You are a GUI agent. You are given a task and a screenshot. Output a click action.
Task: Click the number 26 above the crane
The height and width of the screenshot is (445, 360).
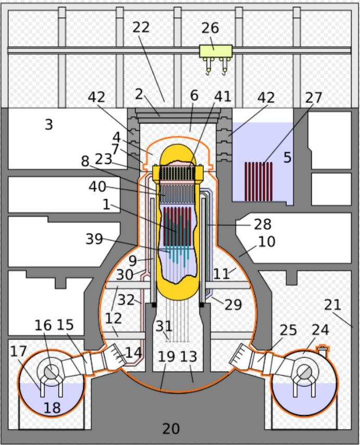click(x=210, y=28)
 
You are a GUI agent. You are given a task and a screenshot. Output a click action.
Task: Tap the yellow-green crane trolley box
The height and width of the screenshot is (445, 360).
click(x=216, y=51)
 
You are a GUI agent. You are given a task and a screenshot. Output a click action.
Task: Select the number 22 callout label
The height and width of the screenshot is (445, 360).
click(x=141, y=27)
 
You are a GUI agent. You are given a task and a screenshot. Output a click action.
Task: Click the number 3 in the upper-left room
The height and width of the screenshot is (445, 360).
click(x=49, y=124)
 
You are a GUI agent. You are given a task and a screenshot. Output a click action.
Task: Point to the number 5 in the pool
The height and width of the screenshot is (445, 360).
click(x=287, y=157)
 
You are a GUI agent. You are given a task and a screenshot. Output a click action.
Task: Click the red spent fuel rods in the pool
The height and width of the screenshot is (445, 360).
click(x=259, y=181)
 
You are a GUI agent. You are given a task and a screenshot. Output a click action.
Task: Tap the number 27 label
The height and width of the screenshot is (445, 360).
click(x=313, y=98)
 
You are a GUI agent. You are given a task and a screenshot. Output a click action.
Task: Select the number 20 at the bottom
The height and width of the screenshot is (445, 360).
click(x=171, y=428)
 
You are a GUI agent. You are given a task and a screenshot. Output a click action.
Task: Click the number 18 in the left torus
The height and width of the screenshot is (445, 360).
click(x=52, y=408)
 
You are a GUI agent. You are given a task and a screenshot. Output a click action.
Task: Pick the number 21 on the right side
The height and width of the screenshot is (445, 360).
click(x=332, y=305)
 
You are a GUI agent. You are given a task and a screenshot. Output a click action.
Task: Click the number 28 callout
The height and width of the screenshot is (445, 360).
click(x=263, y=224)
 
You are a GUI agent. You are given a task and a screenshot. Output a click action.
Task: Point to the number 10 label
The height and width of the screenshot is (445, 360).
click(x=266, y=242)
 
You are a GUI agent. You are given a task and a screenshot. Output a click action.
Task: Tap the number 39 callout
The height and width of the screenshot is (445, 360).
click(x=94, y=239)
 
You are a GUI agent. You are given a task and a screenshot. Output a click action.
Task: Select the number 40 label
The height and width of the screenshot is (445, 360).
click(x=97, y=187)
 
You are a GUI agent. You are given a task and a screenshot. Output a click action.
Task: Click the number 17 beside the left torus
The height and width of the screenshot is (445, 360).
click(x=19, y=351)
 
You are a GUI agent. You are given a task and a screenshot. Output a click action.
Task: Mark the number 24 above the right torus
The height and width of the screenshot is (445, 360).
click(x=320, y=330)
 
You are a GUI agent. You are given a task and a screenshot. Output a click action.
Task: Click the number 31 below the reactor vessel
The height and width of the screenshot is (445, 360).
click(x=164, y=326)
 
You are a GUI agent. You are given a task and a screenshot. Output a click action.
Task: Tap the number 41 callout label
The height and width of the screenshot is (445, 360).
click(x=223, y=96)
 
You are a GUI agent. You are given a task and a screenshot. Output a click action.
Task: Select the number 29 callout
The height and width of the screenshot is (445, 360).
click(x=233, y=305)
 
